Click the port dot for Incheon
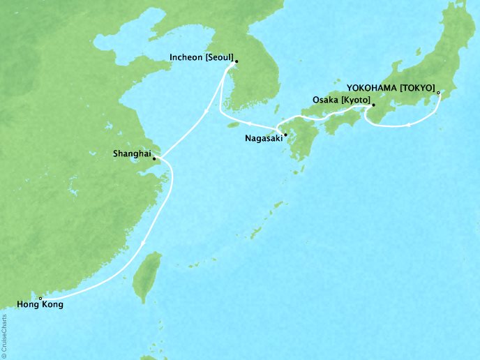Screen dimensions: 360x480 tap(237, 61)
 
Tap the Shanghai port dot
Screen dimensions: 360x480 tap(154, 158)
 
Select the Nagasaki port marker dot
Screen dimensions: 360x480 tap(285, 134)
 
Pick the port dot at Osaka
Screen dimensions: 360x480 tap(371, 107)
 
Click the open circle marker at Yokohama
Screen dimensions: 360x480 tap(438, 92)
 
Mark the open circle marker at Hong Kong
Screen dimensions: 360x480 tap(40, 298)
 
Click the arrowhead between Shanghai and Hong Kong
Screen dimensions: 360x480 tap(142, 243)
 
